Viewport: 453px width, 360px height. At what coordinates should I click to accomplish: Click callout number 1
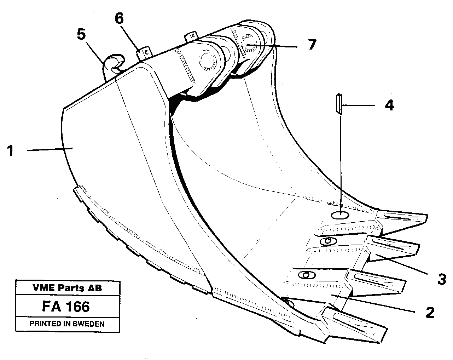(x=11, y=152)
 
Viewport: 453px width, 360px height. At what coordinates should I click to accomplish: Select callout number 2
(x=430, y=313)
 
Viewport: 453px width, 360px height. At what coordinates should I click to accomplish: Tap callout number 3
(x=441, y=279)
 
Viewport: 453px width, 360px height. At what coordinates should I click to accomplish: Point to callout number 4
(x=389, y=105)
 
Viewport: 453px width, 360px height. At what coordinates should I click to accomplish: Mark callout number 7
(x=311, y=45)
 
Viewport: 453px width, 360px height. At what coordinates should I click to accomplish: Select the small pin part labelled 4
(x=339, y=104)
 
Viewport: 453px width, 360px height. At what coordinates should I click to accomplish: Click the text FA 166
(x=65, y=307)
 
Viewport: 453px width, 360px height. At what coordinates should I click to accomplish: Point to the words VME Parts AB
(x=67, y=288)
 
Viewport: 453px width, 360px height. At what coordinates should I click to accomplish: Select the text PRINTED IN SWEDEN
(x=67, y=324)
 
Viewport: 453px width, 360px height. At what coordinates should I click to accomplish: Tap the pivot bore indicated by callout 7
(x=247, y=46)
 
